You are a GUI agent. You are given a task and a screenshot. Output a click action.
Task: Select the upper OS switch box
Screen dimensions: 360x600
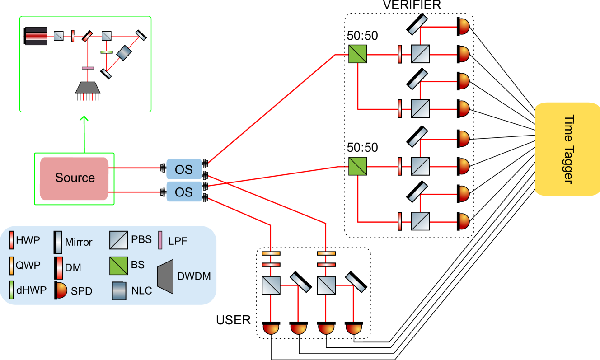pos(184,169)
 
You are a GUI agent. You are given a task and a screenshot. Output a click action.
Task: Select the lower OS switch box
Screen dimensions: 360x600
pos(184,192)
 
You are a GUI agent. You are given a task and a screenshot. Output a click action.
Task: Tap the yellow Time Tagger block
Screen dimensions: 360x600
pos(567,149)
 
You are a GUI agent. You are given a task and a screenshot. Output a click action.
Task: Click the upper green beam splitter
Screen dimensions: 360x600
pos(357,54)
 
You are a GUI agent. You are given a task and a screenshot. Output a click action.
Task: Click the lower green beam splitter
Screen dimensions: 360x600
pos(357,166)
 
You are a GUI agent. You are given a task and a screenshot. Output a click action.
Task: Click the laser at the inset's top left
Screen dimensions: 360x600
pos(36,36)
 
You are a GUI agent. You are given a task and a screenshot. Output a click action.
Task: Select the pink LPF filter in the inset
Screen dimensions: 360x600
pos(88,68)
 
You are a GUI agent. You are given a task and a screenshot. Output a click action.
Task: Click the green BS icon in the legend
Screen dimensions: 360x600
pos(118,266)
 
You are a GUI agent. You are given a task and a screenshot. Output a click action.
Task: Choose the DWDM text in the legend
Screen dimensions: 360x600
pos(194,276)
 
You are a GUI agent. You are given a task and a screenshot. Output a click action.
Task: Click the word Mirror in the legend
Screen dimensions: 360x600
pos(79,242)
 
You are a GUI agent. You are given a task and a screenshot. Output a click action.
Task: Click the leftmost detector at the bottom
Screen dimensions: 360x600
pos(271,329)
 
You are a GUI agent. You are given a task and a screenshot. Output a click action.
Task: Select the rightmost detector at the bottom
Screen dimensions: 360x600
pos(354,329)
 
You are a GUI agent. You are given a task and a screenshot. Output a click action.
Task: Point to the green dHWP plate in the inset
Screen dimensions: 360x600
pos(106,52)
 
